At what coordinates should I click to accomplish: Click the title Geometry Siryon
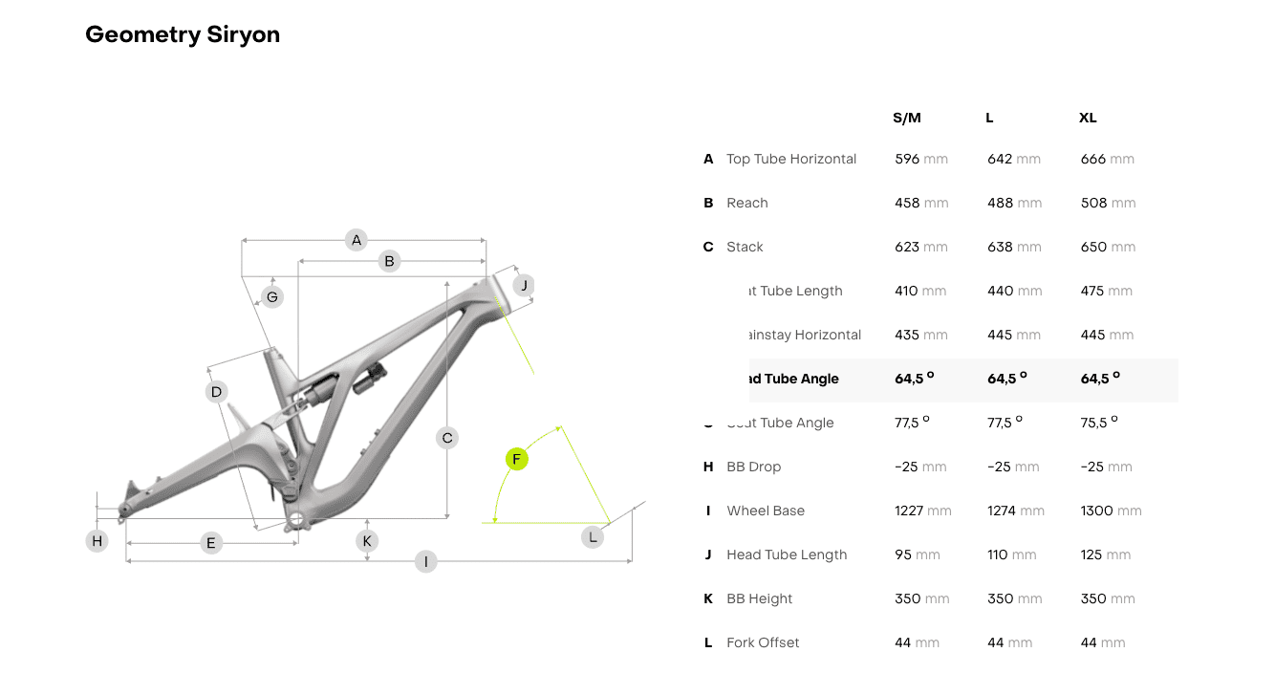pos(183,35)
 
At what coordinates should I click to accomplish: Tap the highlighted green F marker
pos(516,460)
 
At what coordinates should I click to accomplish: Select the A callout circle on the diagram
pos(357,240)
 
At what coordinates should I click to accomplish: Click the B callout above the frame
pos(389,261)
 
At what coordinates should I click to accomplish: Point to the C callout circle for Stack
pos(446,438)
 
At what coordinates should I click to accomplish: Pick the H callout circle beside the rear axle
pos(97,541)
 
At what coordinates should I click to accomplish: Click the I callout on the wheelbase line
pos(426,562)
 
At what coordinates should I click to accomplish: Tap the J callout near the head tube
pos(523,285)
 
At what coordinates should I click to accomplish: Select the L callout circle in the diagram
pos(593,537)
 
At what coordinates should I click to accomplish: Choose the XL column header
pos(1088,119)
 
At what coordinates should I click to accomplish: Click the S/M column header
pos(907,119)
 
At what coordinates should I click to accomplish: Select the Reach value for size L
pos(1014,203)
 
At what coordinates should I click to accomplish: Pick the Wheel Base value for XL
pos(1111,511)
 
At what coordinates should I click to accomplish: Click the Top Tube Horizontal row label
pos(791,159)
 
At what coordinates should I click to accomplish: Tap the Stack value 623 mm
pos(920,247)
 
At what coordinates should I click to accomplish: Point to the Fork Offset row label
pos(763,642)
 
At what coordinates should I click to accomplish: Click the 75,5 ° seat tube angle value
pos(1099,423)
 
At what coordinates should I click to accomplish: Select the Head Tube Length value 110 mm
pos(1011,554)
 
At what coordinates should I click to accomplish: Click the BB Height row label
pos(760,598)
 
